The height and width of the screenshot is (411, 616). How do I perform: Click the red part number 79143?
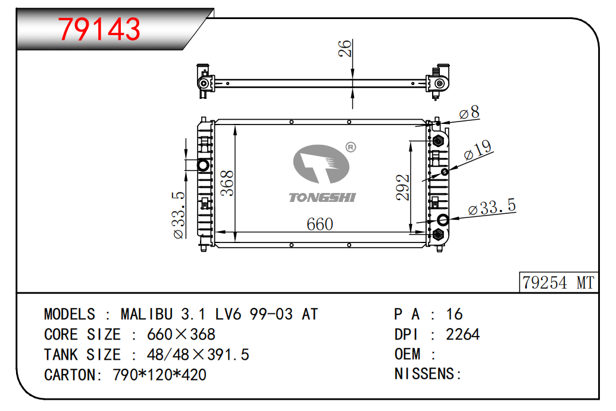point(99,29)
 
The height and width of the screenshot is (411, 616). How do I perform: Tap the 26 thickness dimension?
point(345,48)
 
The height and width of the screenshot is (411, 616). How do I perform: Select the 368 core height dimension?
point(227,183)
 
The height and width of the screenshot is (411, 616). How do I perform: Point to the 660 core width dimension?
point(320,225)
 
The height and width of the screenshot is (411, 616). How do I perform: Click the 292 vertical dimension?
point(403,188)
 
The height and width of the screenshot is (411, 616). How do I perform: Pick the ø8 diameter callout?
point(470,113)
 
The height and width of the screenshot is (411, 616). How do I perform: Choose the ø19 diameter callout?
point(478,150)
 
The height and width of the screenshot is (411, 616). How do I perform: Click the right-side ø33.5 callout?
point(492,207)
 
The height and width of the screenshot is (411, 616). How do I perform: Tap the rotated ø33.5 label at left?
point(179,215)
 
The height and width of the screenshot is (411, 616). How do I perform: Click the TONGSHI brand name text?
point(322,197)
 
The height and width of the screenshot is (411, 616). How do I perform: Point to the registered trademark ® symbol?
point(351,147)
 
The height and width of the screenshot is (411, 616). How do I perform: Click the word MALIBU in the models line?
point(146,315)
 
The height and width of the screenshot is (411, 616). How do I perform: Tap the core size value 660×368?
point(181,334)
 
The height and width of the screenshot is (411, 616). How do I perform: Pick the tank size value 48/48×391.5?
point(198,355)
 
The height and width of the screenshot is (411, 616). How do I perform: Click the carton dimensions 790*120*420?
point(160,375)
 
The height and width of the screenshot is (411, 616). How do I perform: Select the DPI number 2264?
point(462,334)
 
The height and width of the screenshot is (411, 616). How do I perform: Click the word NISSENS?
point(424,373)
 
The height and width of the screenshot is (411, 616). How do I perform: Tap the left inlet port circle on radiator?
point(204,165)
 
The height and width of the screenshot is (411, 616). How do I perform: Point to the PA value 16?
point(454,315)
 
